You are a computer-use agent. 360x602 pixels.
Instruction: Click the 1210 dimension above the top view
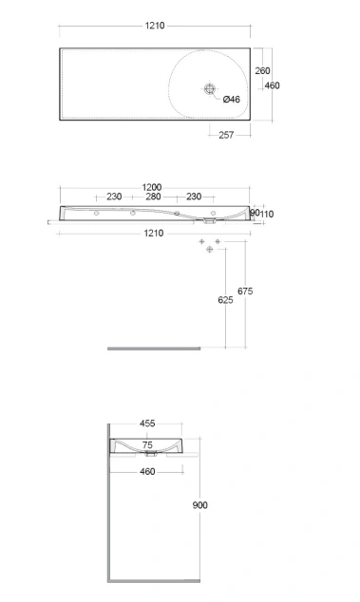[x=155, y=26]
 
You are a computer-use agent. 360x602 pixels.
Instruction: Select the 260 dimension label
[x=262, y=70]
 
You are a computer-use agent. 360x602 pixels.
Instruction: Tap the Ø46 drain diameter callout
[x=231, y=100]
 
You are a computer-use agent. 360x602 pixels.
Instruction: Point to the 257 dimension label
[x=226, y=135]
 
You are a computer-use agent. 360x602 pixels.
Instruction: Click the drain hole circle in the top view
[x=209, y=89]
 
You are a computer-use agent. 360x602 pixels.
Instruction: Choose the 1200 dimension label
[x=152, y=187]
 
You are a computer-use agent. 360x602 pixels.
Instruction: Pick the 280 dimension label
[x=153, y=197]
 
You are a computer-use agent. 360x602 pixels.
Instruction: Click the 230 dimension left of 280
[x=114, y=197]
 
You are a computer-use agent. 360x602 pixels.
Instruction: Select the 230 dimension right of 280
[x=194, y=197]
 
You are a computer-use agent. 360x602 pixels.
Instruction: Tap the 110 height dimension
[x=267, y=214]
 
